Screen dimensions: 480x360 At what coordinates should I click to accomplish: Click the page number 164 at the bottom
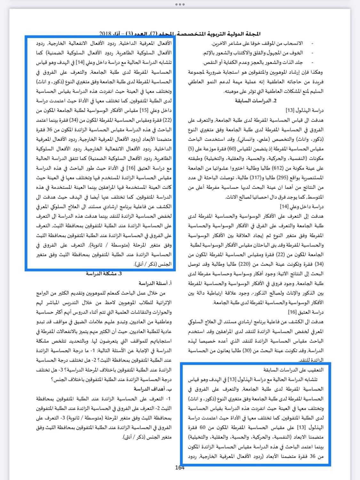pos(180,468)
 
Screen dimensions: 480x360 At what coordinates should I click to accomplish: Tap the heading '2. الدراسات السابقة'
pos(256,101)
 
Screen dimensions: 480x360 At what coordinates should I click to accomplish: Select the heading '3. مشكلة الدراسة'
pos(104,274)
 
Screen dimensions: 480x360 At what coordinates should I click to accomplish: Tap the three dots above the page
pos(180,4)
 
